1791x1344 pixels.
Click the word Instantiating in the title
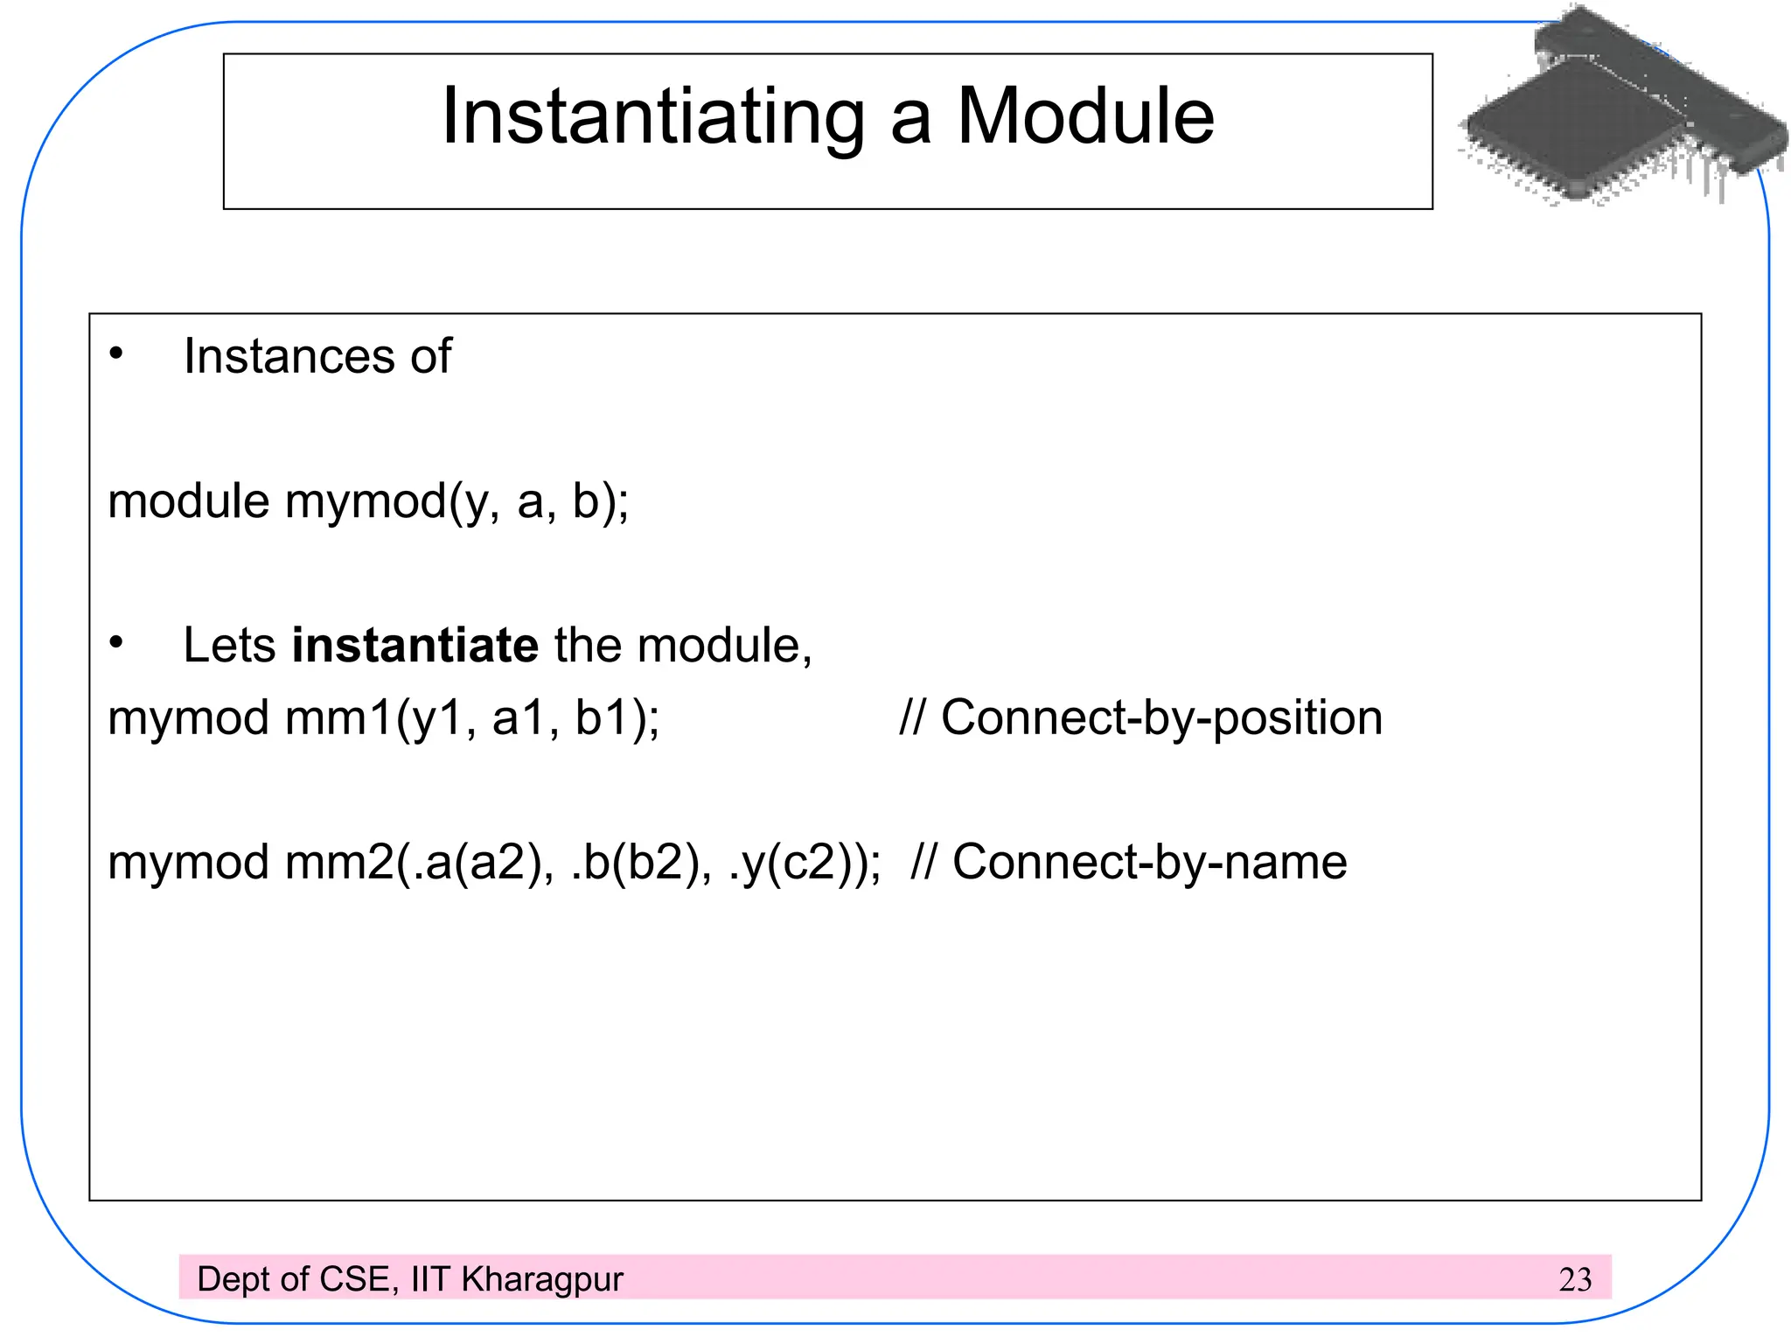point(652,118)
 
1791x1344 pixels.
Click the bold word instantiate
point(415,646)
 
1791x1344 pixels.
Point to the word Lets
point(229,646)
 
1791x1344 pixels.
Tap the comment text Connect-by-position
point(1161,718)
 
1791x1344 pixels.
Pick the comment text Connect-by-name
point(1149,862)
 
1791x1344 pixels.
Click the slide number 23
point(1575,1280)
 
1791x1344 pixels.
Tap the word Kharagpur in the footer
point(542,1280)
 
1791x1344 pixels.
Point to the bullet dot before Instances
point(116,354)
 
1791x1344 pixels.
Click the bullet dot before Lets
point(116,643)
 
